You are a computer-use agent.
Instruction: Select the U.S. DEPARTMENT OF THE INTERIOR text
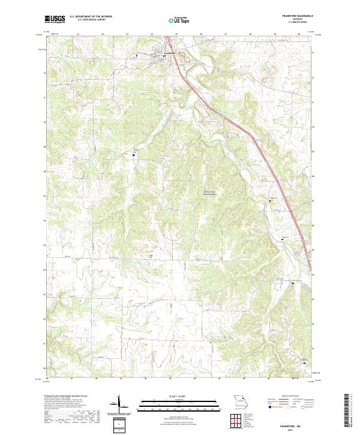pos(91,17)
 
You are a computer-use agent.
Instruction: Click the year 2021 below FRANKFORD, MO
pos(290,430)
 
